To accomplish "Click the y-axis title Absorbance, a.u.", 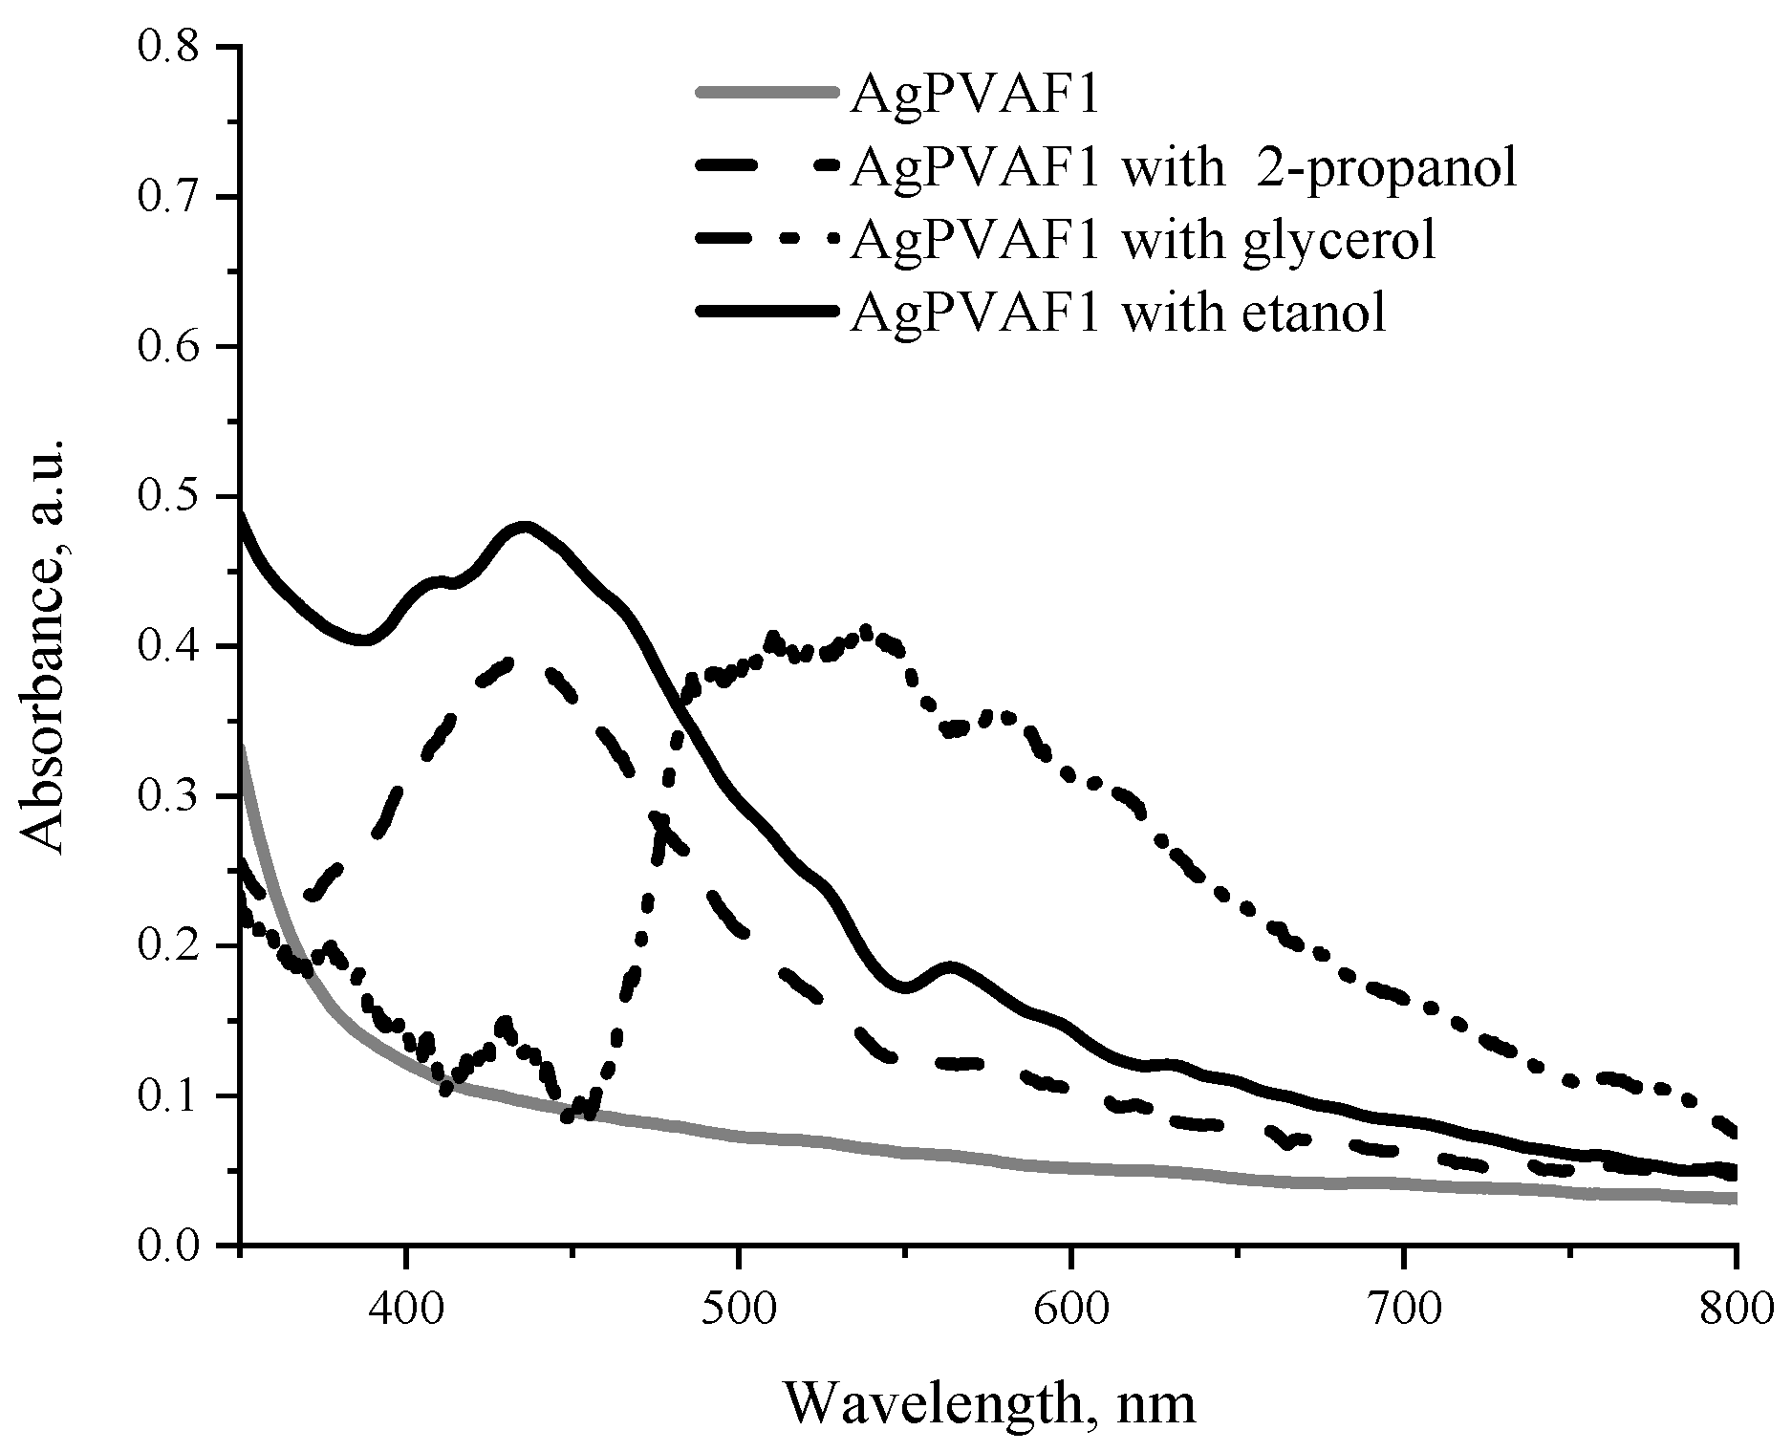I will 43,646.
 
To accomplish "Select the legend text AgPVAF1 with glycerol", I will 1143,241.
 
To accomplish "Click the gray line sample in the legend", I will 768,94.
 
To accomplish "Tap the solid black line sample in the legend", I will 768,312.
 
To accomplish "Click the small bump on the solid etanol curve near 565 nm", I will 950,967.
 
